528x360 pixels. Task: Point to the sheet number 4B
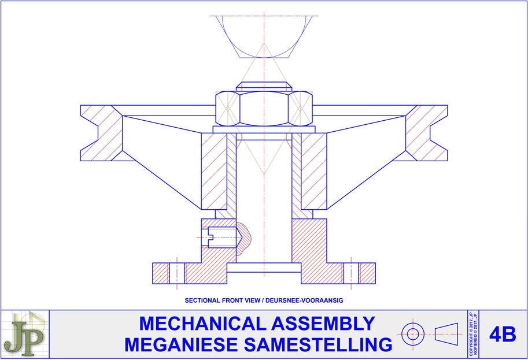pyautogui.click(x=502, y=334)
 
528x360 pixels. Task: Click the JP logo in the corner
pyautogui.click(x=25, y=334)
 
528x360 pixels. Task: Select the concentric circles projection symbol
pyautogui.click(x=413, y=333)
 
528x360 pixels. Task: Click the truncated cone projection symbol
pyautogui.click(x=448, y=333)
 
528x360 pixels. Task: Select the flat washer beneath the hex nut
pyautogui.click(x=264, y=129)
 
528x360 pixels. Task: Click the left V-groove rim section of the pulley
pyautogui.click(x=102, y=133)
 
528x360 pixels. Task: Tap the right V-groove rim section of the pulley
pyautogui.click(x=427, y=133)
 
